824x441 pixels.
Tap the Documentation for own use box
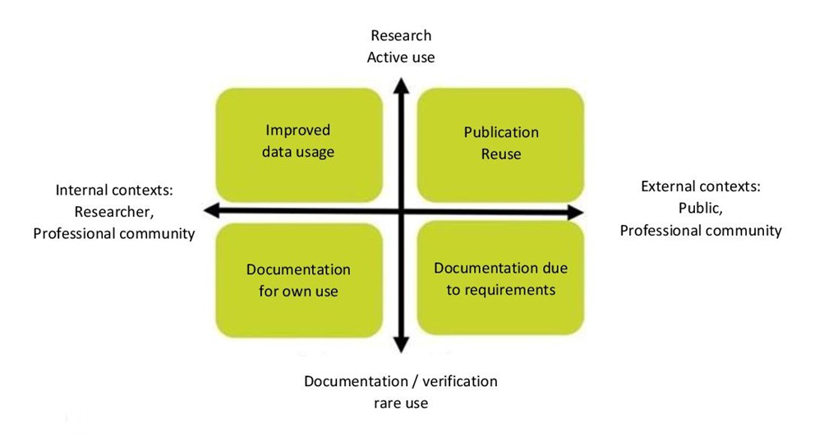[298, 279]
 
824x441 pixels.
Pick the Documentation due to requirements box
[501, 279]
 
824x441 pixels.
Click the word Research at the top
[400, 36]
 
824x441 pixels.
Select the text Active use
[400, 57]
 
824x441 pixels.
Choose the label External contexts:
[701, 186]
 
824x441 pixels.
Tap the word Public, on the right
[701, 208]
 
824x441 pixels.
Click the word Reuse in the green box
[501, 154]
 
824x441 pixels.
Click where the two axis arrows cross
[400, 212]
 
